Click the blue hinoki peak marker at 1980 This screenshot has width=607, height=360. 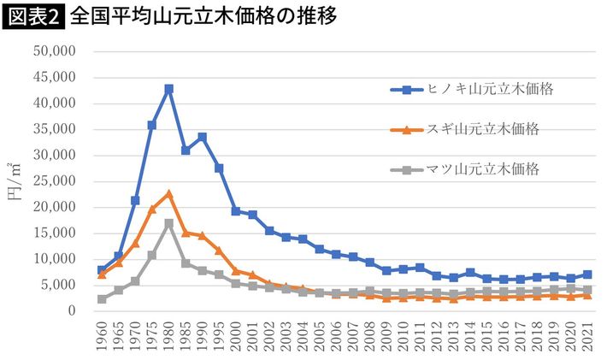pos(168,89)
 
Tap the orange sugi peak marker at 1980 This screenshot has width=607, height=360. pos(168,194)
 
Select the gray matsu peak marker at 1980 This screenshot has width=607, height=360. pos(168,223)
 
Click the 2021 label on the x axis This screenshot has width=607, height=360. pos(586,337)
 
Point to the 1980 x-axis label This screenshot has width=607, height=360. pos(168,337)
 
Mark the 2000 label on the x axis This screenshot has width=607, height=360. pos(236,337)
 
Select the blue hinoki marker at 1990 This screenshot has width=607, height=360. pos(202,137)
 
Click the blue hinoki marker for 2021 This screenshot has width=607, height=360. pos(586,274)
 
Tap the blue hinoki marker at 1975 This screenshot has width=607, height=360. pos(152,125)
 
